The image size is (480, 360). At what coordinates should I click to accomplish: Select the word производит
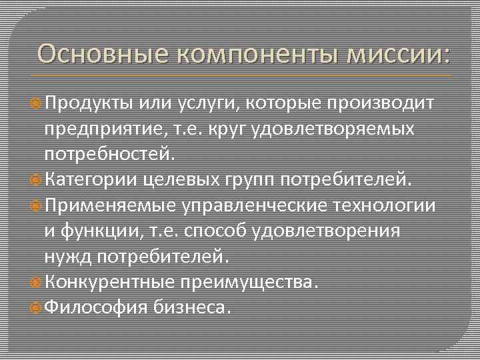381,103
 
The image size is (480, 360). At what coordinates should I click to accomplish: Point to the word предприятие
102,129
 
